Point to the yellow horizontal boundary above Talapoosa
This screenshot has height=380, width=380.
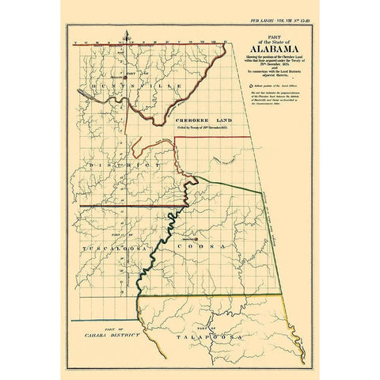click(x=214, y=297)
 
